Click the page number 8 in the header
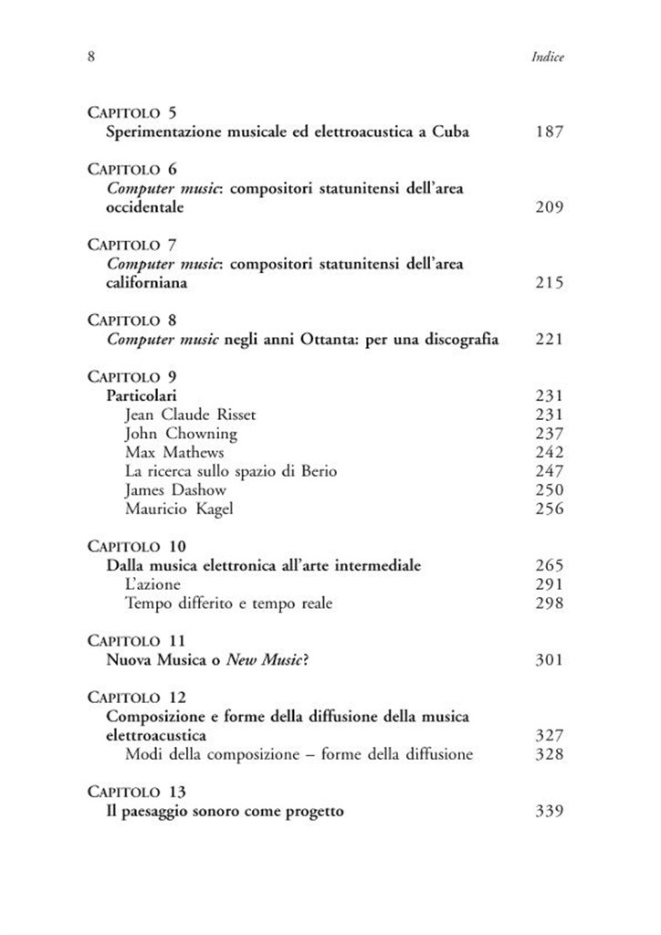(91, 57)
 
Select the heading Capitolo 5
(132, 113)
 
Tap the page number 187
(550, 132)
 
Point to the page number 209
(550, 207)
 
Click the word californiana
(148, 283)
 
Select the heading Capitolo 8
(132, 320)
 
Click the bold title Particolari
(142, 395)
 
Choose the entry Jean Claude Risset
(190, 415)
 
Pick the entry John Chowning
(180, 434)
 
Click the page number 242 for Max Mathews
(550, 452)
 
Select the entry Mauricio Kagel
(178, 509)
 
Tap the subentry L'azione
(152, 584)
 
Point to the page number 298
(550, 603)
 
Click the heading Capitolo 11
(136, 641)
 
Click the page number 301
(550, 660)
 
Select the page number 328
(550, 754)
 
